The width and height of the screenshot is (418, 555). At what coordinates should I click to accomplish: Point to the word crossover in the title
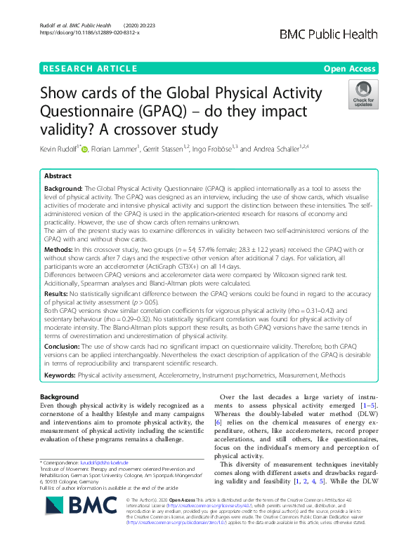click(166, 131)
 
